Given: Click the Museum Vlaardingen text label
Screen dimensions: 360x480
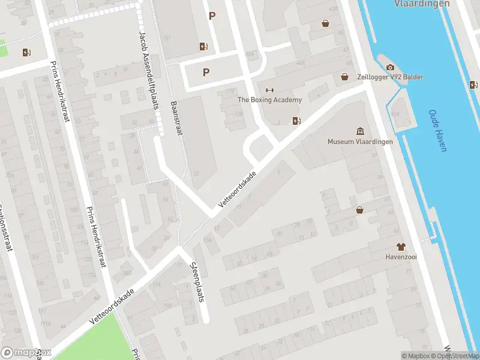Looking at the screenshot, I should (x=360, y=142).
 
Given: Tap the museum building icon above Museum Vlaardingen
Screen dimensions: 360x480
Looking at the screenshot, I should (x=360, y=131).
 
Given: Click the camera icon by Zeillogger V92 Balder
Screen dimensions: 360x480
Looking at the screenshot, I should (x=390, y=67).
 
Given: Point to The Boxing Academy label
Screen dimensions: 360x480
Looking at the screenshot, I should (x=270, y=100).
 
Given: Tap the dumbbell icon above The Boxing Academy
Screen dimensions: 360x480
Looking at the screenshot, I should (x=269, y=90).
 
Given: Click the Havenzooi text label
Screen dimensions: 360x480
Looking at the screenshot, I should (x=401, y=257).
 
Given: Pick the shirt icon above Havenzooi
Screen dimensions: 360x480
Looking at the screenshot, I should (x=401, y=247).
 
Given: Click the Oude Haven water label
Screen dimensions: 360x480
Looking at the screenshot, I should (x=437, y=130).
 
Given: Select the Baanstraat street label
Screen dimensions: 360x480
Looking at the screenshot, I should (x=176, y=118).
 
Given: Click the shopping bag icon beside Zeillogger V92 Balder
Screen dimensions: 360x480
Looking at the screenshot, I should (x=345, y=77).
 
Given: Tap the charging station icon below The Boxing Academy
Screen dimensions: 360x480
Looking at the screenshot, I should (x=296, y=121).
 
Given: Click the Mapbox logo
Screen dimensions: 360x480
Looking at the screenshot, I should (x=26, y=353).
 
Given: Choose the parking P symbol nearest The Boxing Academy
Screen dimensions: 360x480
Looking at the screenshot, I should (x=206, y=72).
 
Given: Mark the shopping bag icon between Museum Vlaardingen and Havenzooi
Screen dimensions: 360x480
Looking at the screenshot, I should (x=359, y=210).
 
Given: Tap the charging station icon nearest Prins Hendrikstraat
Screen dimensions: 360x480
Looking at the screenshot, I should (x=26, y=52).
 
